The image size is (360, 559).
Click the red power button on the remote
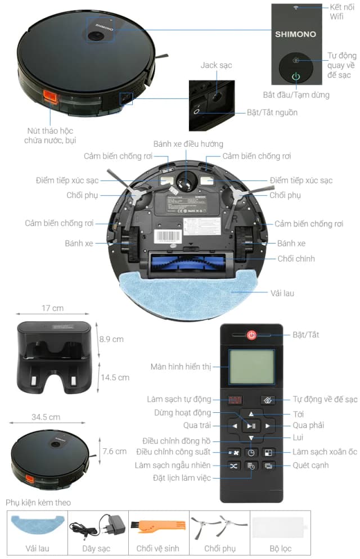coord(251,335)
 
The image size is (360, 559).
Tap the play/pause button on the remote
coord(251,426)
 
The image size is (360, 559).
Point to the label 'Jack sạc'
coord(216,66)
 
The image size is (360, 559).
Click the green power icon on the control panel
coord(296,77)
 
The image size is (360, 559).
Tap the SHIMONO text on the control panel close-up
coord(295,34)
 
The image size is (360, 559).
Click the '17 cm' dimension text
coord(52,308)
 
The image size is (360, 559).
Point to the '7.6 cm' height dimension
coord(114,451)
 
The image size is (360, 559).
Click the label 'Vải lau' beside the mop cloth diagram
coord(282,293)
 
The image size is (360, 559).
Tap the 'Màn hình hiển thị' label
coord(181,367)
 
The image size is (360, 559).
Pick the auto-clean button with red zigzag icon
coord(234,400)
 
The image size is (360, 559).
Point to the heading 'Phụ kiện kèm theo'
coord(38,502)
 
